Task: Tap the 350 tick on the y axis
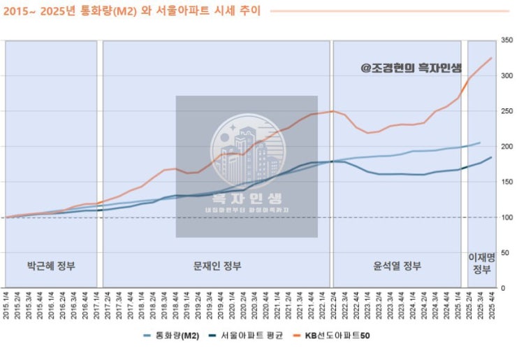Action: click(x=507, y=41)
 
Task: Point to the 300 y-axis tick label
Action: click(x=507, y=76)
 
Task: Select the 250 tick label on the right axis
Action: click(x=507, y=111)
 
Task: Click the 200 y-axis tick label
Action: click(x=507, y=147)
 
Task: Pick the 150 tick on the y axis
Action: click(x=507, y=182)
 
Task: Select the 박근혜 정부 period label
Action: click(x=51, y=266)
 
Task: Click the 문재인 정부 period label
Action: click(x=217, y=266)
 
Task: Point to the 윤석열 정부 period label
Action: click(x=398, y=266)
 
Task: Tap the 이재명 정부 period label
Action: click(x=481, y=264)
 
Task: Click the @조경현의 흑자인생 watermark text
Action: click(x=411, y=68)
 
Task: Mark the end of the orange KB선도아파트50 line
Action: click(x=491, y=58)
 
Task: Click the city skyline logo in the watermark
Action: click(x=245, y=149)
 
